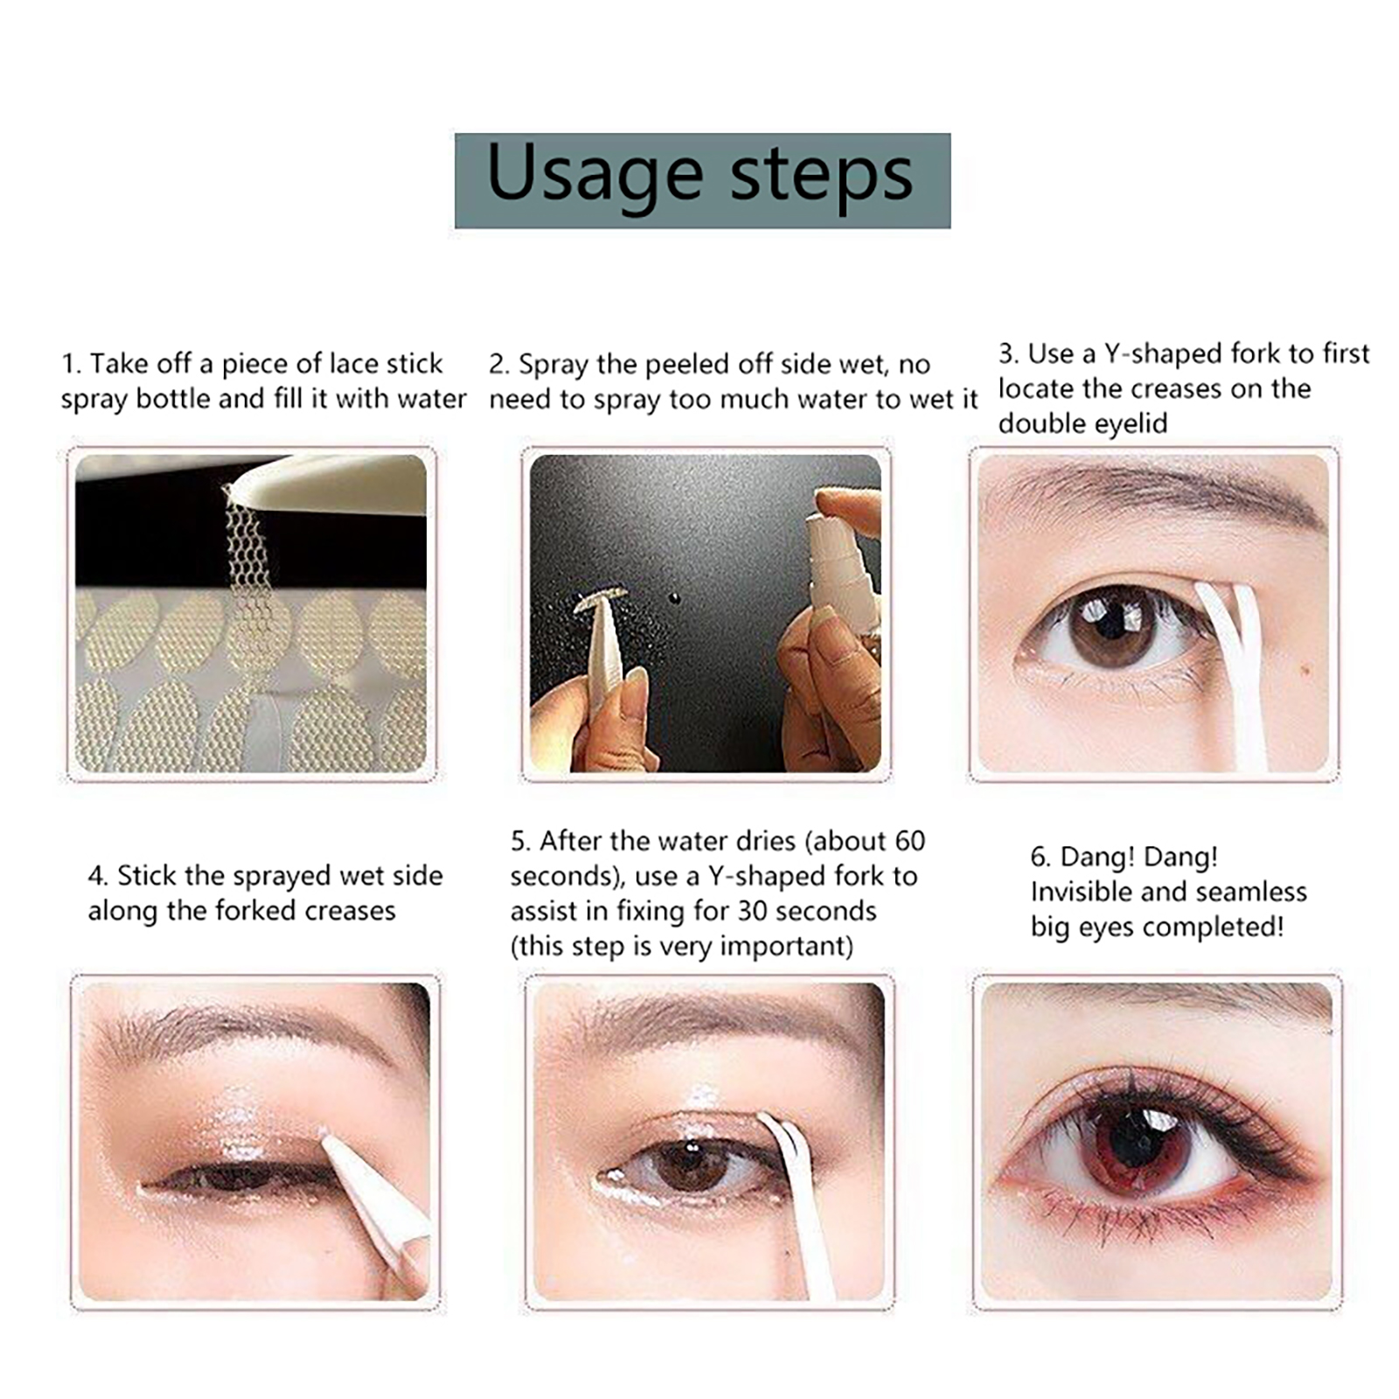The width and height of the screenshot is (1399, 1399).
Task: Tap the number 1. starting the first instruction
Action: coord(72,364)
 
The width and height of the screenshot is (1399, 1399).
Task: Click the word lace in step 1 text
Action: coord(353,363)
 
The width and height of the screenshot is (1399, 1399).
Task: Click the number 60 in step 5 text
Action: coord(909,841)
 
